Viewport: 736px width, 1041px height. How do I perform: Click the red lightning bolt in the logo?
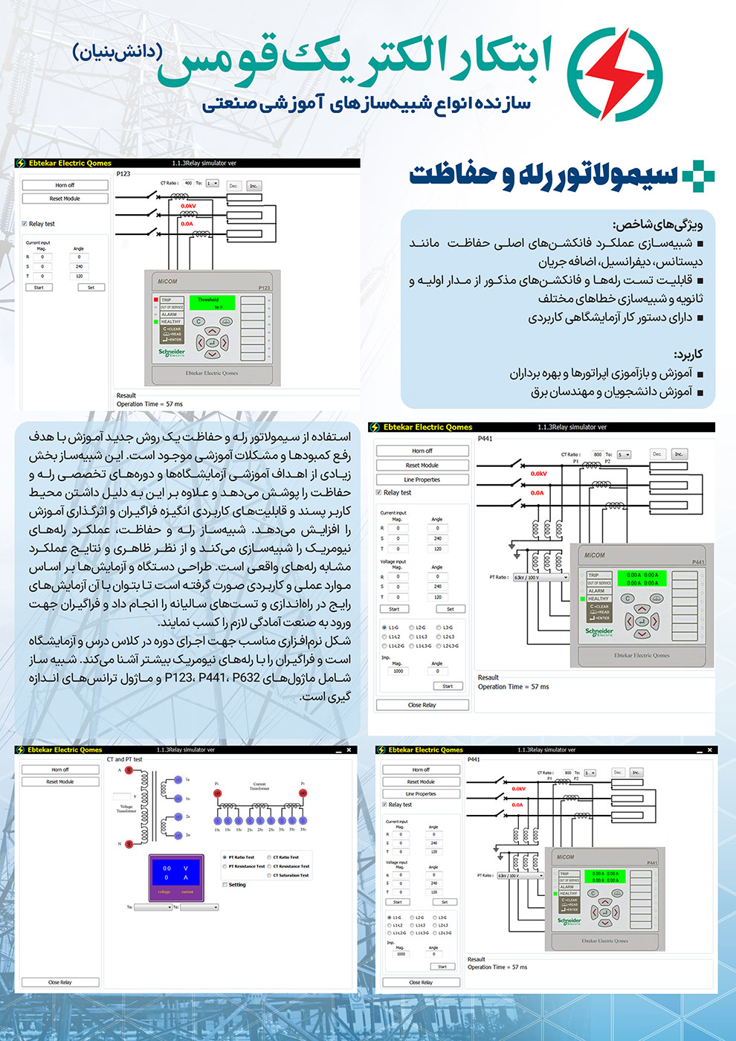coord(614,74)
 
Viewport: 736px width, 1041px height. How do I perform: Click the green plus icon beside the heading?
coord(697,177)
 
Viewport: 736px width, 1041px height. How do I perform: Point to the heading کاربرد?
coord(688,354)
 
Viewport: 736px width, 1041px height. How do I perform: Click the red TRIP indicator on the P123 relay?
coord(156,300)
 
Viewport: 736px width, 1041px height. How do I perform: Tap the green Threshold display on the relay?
coord(212,303)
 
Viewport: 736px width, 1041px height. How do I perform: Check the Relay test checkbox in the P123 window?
coord(25,224)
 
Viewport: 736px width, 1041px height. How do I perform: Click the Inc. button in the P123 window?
coord(253,186)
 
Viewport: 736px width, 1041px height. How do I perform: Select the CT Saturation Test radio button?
coord(269,875)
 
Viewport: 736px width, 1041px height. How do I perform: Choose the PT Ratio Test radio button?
coord(225,857)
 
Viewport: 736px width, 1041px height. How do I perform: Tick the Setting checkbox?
coord(225,885)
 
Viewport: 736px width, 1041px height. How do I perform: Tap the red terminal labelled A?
coord(129,771)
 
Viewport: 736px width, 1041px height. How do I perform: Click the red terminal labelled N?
coord(129,844)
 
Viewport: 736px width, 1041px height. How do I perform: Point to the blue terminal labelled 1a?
coord(178,780)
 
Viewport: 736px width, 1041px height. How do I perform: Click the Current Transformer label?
coord(259,786)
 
